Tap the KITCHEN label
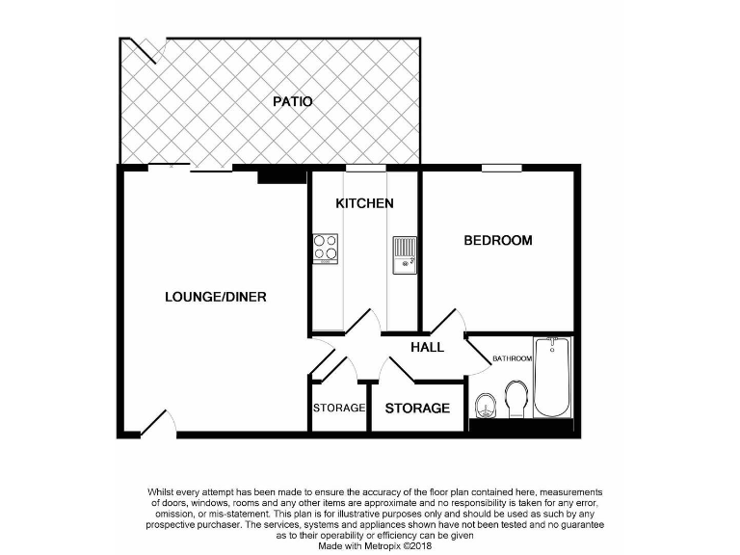tap(364, 203)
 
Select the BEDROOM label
tap(498, 240)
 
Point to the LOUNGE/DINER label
tap(215, 297)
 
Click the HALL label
tap(427, 347)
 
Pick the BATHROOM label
tap(512, 359)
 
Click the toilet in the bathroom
tap(516, 399)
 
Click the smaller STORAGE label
tap(339, 408)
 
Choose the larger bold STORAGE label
tap(417, 409)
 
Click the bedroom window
tap(501, 168)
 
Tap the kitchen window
tap(363, 168)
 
